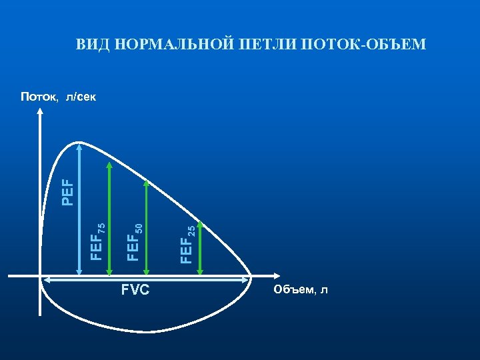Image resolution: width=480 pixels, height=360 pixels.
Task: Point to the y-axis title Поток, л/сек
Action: (x=58, y=97)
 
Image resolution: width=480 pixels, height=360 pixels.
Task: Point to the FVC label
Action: (x=135, y=290)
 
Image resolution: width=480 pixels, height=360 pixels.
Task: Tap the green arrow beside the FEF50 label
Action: (x=146, y=227)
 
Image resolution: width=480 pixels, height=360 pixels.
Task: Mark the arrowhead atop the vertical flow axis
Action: (x=41, y=111)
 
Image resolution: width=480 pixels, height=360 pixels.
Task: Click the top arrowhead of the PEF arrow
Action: (x=79, y=145)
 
